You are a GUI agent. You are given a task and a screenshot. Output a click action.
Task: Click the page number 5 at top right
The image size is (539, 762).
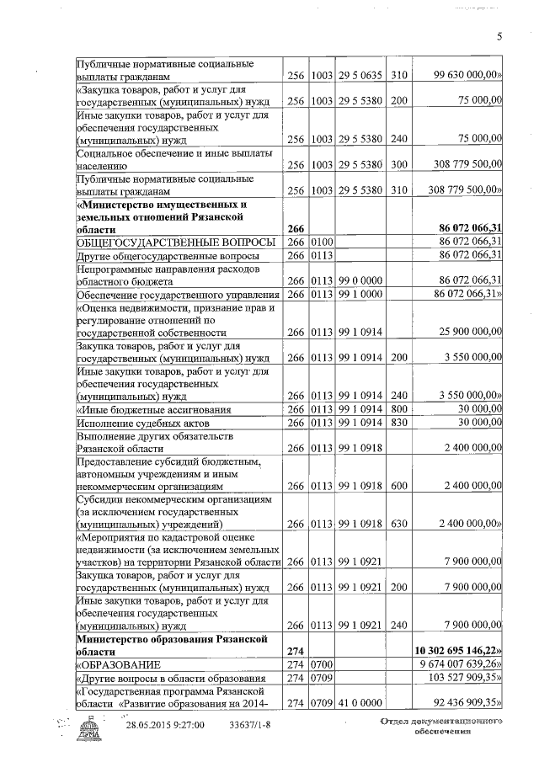pos(499,35)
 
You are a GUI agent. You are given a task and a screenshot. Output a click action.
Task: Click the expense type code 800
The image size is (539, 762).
pos(399,409)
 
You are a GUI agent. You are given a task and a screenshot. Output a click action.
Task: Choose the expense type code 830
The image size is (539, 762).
pos(399,423)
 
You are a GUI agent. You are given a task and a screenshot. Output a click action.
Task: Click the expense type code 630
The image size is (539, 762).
pos(399,524)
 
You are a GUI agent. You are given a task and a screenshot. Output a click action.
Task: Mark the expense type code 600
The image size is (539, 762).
pos(399,485)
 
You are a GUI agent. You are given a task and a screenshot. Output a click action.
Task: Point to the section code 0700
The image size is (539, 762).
pos(322,665)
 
